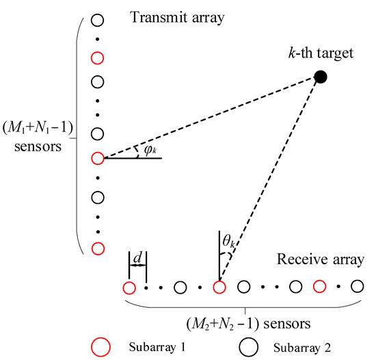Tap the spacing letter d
pos(137,259)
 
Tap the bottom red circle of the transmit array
pos(97,248)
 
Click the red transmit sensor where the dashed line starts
pos(97,158)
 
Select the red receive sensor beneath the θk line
pos(219,287)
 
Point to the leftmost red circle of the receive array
pos(128,287)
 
